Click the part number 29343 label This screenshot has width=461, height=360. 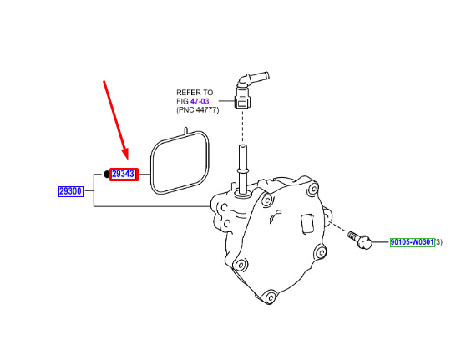pyautogui.click(x=124, y=174)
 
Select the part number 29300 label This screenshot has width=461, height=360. pyautogui.click(x=71, y=191)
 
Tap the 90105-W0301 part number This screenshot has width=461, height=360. pyautogui.click(x=413, y=242)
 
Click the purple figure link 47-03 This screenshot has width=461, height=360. pyautogui.click(x=200, y=101)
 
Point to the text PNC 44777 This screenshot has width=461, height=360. pyautogui.click(x=198, y=110)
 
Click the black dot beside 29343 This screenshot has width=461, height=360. pyautogui.click(x=107, y=174)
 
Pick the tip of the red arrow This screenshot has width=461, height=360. pyautogui.click(x=127, y=159)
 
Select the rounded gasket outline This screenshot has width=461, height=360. pyautogui.click(x=151, y=165)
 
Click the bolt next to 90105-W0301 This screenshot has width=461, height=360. pyautogui.click(x=360, y=240)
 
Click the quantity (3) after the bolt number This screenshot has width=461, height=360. pyautogui.click(x=438, y=242)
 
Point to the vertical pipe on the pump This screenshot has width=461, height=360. pyautogui.click(x=242, y=169)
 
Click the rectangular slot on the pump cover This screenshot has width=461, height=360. pyautogui.click(x=308, y=224)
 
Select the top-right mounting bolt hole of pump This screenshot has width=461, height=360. pyautogui.click(x=313, y=188)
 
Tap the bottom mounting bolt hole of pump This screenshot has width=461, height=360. pyautogui.click(x=270, y=297)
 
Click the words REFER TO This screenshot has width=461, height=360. pyautogui.click(x=195, y=93)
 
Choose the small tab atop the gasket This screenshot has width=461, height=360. pyautogui.click(x=185, y=131)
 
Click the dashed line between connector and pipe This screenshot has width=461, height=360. pyautogui.click(x=242, y=126)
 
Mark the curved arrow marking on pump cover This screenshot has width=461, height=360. pyautogui.click(x=276, y=215)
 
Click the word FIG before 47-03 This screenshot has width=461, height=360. pyautogui.click(x=182, y=101)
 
